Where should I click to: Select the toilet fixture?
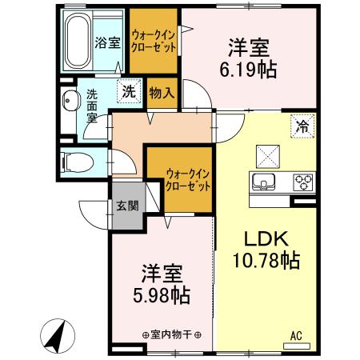point(74,160)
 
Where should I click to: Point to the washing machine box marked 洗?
point(127,91)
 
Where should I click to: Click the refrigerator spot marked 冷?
point(303,125)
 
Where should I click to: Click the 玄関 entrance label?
point(126,206)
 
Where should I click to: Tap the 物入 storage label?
point(161,93)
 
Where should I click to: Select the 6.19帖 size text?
point(248,70)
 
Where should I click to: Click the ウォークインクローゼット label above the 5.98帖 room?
point(188,178)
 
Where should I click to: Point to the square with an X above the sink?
point(266,154)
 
